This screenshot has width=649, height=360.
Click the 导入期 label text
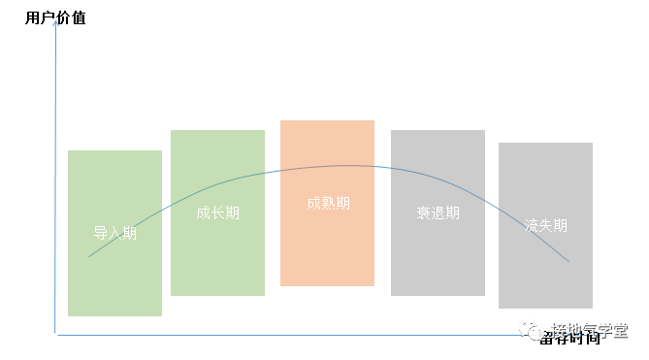click(114, 234)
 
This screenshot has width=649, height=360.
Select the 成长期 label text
click(217, 213)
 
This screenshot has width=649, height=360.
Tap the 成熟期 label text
click(328, 204)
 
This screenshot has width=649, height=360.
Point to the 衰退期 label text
click(438, 213)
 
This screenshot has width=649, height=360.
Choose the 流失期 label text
click(545, 225)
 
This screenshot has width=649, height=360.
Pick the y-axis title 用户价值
click(55, 17)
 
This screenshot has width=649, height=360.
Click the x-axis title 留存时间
click(571, 337)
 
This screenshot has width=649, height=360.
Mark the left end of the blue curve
click(89, 256)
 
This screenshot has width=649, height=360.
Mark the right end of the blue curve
click(569, 262)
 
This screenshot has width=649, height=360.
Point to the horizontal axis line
click(291, 335)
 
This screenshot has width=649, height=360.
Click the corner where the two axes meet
click(56, 335)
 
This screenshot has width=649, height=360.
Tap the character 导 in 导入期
click(100, 234)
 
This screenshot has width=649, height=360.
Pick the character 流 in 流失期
click(531, 225)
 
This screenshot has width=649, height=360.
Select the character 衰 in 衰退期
click(423, 213)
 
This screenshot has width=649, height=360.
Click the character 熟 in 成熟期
click(328, 204)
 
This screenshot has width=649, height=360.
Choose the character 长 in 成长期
click(217, 213)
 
